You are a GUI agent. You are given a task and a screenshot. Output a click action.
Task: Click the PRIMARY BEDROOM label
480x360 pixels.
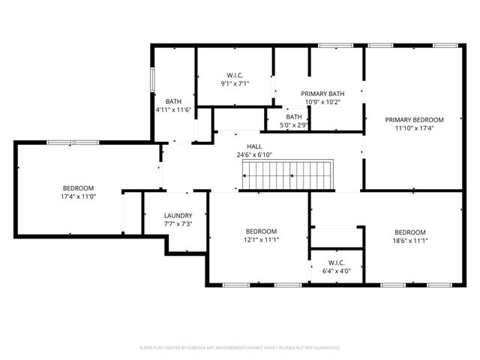tap(414, 119)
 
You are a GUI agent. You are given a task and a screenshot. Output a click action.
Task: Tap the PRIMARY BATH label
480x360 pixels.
tap(322, 93)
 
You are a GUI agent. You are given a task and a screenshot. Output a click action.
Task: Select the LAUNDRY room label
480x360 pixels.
tap(178, 215)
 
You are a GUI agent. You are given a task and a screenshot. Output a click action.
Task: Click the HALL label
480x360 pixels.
tap(254, 146)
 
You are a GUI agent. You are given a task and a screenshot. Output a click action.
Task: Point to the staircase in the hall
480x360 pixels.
tap(288, 175)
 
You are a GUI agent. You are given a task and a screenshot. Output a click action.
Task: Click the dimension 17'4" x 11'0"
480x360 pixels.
tap(78, 196)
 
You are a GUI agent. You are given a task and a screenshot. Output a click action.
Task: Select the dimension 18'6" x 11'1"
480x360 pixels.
tap(410, 241)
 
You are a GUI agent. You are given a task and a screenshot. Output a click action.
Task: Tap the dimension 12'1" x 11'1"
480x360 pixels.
tap(261, 240)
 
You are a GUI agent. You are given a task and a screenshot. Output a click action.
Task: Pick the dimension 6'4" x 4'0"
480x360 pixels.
tap(336, 271)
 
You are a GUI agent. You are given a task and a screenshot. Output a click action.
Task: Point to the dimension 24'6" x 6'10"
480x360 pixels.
tap(254, 154)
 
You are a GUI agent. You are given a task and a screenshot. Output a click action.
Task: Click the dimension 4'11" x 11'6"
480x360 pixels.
tap(173, 109)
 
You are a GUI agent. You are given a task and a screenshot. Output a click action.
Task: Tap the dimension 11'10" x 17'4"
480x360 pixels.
tap(414, 128)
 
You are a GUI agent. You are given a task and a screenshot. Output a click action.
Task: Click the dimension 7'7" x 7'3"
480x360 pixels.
tap(178, 224)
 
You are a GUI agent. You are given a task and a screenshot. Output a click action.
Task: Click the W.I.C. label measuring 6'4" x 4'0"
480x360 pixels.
tap(336, 262)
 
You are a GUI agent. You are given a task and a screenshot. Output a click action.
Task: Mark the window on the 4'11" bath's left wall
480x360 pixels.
tap(153, 79)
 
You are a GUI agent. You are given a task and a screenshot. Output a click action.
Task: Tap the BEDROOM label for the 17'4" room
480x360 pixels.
tap(78, 187)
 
